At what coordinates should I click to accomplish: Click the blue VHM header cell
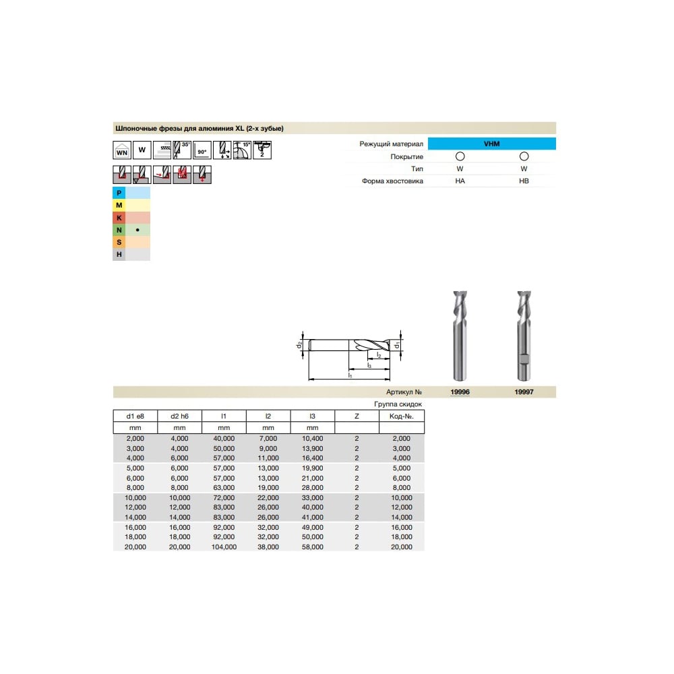(x=492, y=144)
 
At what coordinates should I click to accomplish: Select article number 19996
(x=460, y=392)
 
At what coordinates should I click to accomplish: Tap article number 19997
(x=524, y=392)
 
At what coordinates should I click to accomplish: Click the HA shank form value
(x=460, y=181)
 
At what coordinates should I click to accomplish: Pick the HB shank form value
(x=524, y=181)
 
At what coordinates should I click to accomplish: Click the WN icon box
(x=122, y=150)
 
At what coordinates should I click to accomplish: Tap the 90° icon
(x=202, y=150)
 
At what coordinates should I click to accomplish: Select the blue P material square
(x=119, y=193)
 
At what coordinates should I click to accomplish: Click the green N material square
(x=119, y=230)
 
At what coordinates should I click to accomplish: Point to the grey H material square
(x=119, y=255)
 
